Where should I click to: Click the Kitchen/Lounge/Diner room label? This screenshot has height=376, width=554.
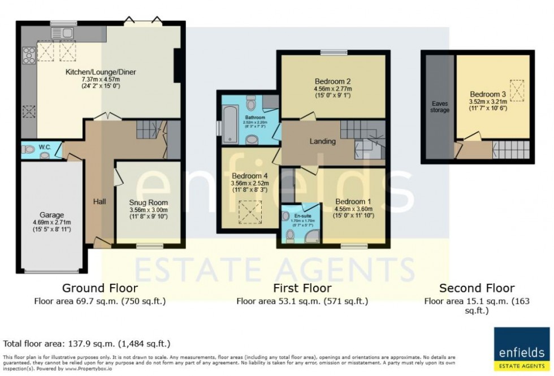pos(101,72)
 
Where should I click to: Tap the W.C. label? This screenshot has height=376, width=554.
pos(45,148)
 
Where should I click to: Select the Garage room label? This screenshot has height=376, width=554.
pos(51,215)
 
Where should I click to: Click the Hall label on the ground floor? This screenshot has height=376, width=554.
pos(100,201)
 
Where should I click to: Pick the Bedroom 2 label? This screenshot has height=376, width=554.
pos(332,80)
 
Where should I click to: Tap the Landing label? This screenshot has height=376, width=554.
pos(323,141)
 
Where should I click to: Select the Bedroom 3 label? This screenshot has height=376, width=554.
pos(487,94)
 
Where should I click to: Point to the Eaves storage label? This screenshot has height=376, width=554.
pos(440,106)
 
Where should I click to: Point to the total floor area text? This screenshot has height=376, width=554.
pos(86,343)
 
